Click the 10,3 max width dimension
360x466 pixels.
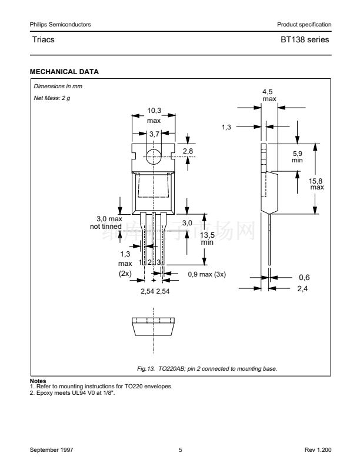point(154,115)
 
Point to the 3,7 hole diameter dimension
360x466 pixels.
point(154,134)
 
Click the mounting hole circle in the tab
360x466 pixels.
point(154,156)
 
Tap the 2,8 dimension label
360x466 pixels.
point(188,152)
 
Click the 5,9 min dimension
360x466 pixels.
point(297,157)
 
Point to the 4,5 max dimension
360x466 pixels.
point(269,95)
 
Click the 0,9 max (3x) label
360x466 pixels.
point(206,274)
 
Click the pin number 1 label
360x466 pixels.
point(141,261)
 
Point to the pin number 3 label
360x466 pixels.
point(159,261)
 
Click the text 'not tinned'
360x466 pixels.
point(106,226)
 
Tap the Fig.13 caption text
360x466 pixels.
point(206,369)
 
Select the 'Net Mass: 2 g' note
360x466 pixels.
point(52,96)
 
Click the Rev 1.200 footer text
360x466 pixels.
point(318,450)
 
